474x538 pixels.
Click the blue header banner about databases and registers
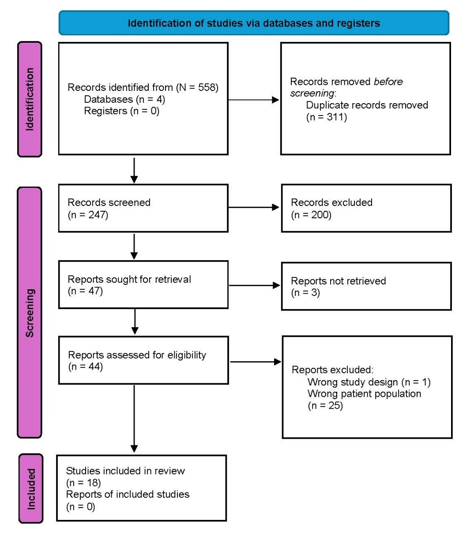pyautogui.click(x=254, y=23)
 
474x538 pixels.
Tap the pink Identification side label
pyautogui.click(x=30, y=99)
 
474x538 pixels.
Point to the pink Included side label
pyautogui.click(x=31, y=489)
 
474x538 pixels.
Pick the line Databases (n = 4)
pyautogui.click(x=124, y=99)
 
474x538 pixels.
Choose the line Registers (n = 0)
pyautogui.click(x=121, y=111)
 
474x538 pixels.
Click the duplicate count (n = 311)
pyautogui.click(x=327, y=117)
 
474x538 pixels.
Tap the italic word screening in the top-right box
pyautogui.click(x=312, y=93)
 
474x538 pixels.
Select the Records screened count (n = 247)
pyautogui.click(x=88, y=215)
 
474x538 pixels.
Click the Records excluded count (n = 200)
pyautogui.click(x=311, y=215)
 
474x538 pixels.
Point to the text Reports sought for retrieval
pyautogui.click(x=129, y=279)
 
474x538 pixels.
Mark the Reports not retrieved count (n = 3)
pyautogui.click(x=305, y=292)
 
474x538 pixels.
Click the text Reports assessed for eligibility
pyautogui.click(x=137, y=355)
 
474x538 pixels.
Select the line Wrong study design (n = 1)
pyautogui.click(x=369, y=382)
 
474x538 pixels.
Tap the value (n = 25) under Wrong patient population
pyautogui.click(x=325, y=405)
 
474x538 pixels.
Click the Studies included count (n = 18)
pyautogui.click(x=83, y=482)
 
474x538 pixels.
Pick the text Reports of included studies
pyautogui.click(x=128, y=494)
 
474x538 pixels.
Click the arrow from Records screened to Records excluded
pyautogui.click(x=254, y=207)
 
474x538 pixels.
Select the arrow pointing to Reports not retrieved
pyautogui.click(x=255, y=285)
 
